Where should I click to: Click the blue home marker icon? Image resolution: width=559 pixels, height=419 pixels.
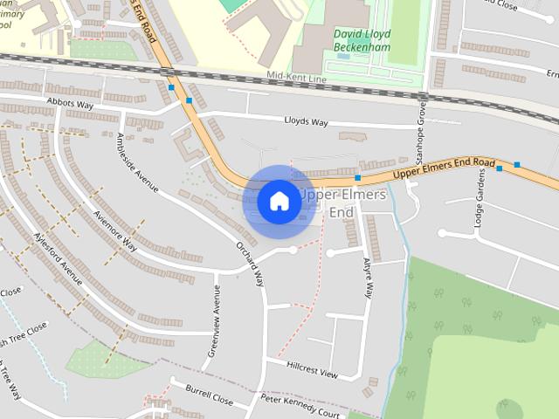pyautogui.click(x=279, y=201)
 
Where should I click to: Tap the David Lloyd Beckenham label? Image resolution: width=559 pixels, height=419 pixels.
pyautogui.click(x=362, y=40)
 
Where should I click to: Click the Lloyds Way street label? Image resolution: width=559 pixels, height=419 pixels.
pyautogui.click(x=310, y=120)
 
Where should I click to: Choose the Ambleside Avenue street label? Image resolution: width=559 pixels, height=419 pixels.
pyautogui.click(x=137, y=161)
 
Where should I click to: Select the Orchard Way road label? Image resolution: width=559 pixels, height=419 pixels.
pyautogui.click(x=250, y=262)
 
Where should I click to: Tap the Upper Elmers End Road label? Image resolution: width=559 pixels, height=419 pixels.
pyautogui.click(x=445, y=169)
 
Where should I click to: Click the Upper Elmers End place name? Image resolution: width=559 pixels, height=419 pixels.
pyautogui.click(x=342, y=203)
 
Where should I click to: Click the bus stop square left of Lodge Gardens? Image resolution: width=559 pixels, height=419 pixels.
pyautogui.click(x=500, y=168)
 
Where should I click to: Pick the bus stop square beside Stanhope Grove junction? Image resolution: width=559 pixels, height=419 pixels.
pyautogui.click(x=357, y=178)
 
